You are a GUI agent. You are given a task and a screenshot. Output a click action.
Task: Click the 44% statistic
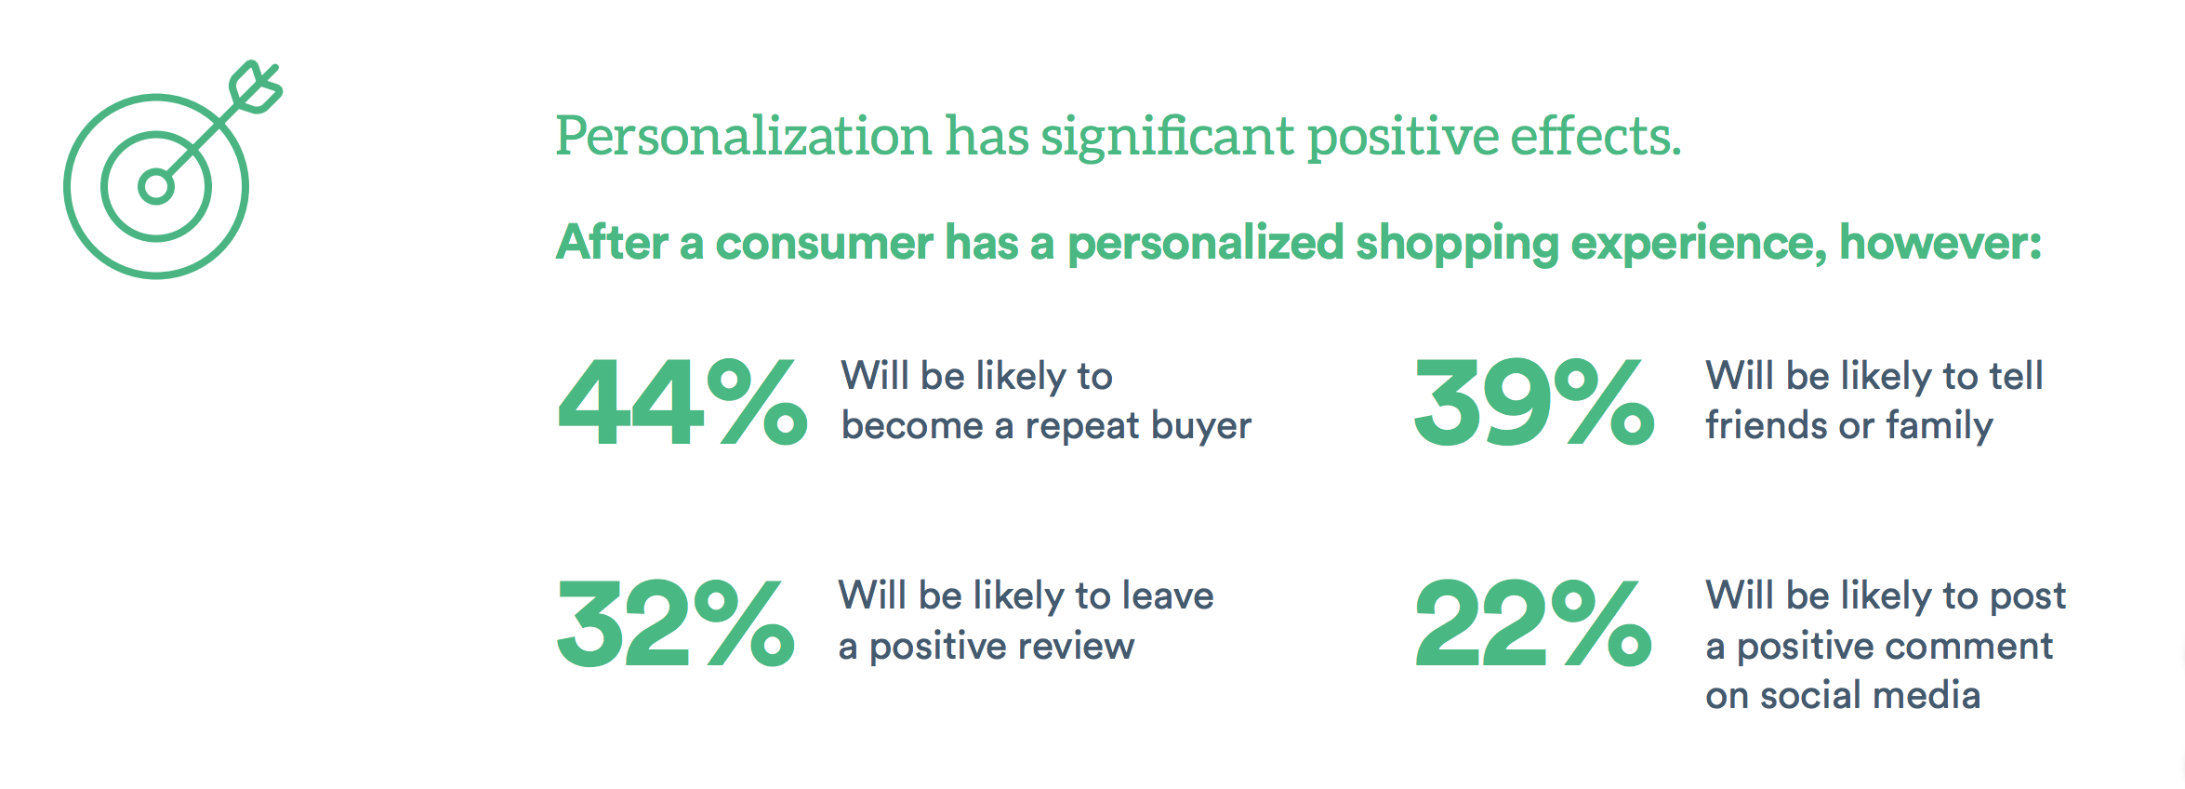pyautogui.click(x=682, y=402)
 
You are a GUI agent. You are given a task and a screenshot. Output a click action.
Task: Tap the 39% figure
pyautogui.click(x=1534, y=402)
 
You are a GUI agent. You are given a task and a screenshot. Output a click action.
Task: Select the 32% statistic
pyautogui.click(x=676, y=622)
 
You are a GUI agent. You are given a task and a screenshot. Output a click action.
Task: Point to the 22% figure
pyautogui.click(x=1533, y=622)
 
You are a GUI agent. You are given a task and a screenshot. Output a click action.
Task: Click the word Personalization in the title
pyautogui.click(x=744, y=138)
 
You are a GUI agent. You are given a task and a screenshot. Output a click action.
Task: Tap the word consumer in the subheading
pyautogui.click(x=824, y=244)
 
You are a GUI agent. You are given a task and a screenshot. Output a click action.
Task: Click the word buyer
pyautogui.click(x=1201, y=427)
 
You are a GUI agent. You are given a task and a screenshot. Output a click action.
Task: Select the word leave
pyautogui.click(x=1169, y=595)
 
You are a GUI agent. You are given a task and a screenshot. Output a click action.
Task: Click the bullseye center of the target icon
pyautogui.click(x=155, y=187)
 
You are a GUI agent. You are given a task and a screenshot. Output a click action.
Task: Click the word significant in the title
pyautogui.click(x=1167, y=138)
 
